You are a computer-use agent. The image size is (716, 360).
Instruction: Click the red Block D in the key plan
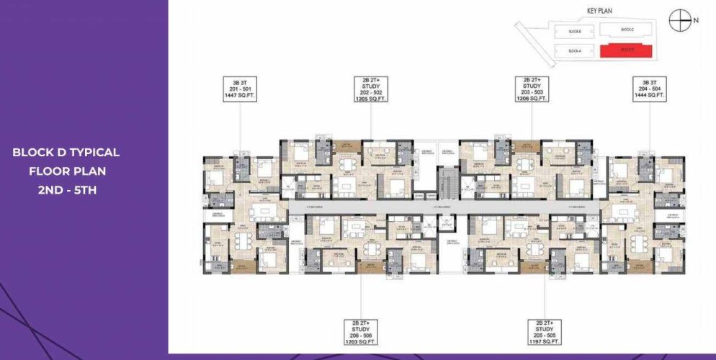pyautogui.click(x=626, y=50)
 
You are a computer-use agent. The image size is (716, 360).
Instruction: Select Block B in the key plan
pyautogui.click(x=574, y=31)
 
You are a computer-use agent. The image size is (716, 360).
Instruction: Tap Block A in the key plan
pyautogui.click(x=574, y=50)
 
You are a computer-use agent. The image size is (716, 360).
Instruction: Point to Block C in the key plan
pyautogui.click(x=626, y=30)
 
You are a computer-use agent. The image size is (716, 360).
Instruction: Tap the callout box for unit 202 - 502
pyautogui.click(x=371, y=89)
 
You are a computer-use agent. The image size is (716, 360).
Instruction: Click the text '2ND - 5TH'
pyautogui.click(x=66, y=190)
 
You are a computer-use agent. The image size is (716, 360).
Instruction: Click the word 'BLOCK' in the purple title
pyautogui.click(x=32, y=153)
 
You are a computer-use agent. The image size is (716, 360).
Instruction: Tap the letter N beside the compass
pyautogui.click(x=696, y=22)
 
